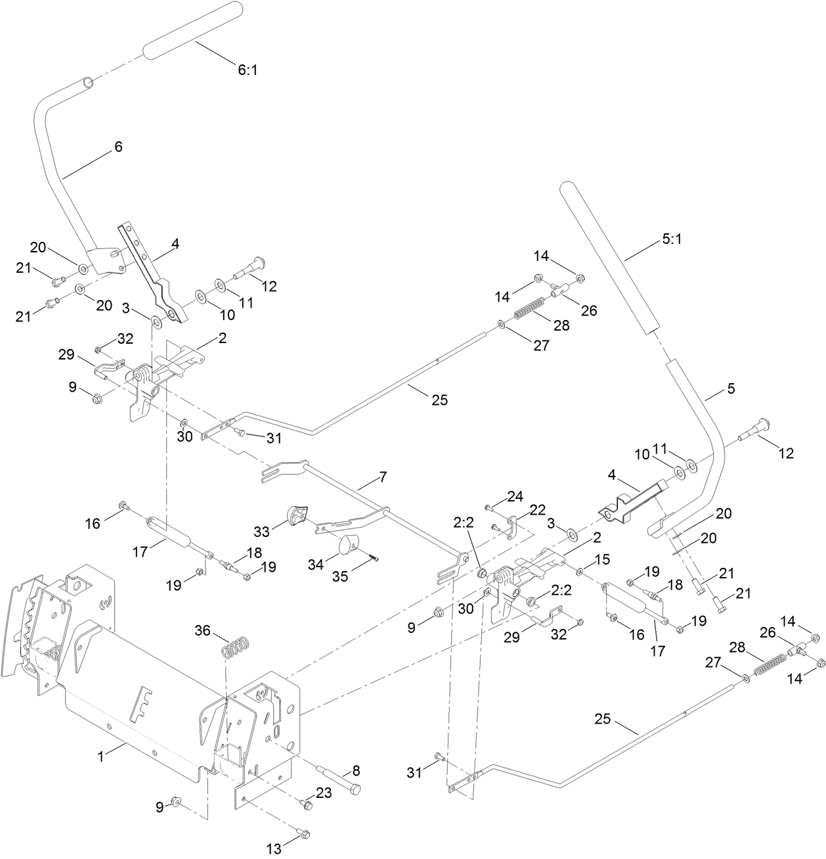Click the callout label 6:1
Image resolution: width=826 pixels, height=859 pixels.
pyautogui.click(x=247, y=69)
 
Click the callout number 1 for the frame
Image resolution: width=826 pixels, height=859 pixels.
pyautogui.click(x=101, y=756)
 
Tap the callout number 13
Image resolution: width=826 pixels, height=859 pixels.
pyautogui.click(x=274, y=849)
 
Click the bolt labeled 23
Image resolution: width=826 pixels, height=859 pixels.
pyautogui.click(x=305, y=802)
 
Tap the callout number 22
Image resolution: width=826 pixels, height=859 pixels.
pyautogui.click(x=538, y=509)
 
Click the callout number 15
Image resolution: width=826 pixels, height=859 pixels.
pyautogui.click(x=602, y=559)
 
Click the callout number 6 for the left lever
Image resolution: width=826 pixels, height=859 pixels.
pyautogui.click(x=118, y=147)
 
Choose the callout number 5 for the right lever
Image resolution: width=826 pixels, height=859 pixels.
pyautogui.click(x=730, y=388)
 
